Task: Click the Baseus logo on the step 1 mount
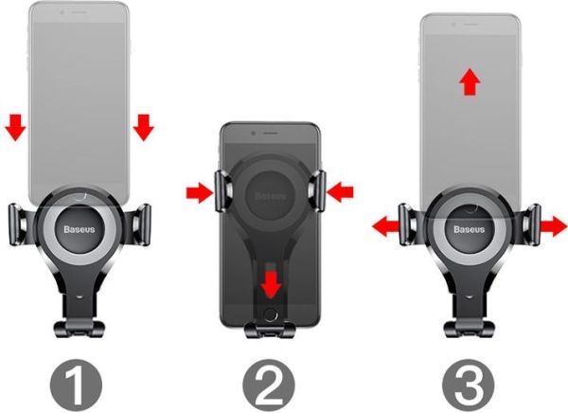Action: click(x=79, y=229)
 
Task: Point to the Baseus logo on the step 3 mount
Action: click(x=470, y=229)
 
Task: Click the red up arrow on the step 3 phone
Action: click(x=470, y=81)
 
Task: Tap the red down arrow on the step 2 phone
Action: click(x=271, y=284)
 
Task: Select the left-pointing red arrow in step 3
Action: click(x=386, y=226)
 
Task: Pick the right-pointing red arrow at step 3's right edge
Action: click(x=553, y=225)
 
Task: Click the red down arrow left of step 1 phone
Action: click(x=15, y=127)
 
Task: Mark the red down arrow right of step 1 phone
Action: click(x=144, y=127)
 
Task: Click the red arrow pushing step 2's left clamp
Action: click(x=200, y=192)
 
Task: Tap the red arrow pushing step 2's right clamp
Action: click(x=340, y=191)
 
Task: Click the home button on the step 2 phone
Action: click(x=270, y=314)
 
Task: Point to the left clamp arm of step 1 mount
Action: click(x=20, y=224)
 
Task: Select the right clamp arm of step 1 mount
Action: click(x=140, y=224)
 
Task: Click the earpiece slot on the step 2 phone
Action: click(x=270, y=134)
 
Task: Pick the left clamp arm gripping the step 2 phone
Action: click(x=222, y=191)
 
